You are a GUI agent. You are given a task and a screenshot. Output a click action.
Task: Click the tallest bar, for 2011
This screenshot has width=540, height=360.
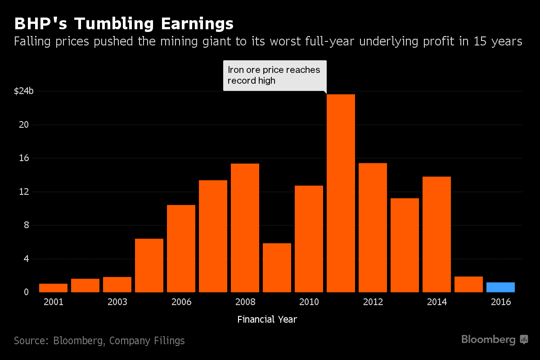(341, 193)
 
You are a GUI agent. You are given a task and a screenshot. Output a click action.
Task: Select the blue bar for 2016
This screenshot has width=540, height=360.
(500, 287)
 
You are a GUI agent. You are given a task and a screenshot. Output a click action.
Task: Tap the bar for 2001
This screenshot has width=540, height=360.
(53, 288)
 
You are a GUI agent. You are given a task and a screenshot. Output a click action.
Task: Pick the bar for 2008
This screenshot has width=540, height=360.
(245, 228)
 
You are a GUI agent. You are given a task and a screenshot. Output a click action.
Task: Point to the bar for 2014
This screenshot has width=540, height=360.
(436, 234)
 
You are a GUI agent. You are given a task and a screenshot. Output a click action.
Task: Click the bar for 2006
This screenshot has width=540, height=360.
(181, 248)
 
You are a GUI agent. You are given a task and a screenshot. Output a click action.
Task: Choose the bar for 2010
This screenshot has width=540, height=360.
(309, 238)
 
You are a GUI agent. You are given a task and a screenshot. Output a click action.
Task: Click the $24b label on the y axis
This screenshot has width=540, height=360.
(24, 91)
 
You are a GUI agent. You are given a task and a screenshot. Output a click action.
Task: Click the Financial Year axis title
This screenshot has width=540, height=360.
(267, 319)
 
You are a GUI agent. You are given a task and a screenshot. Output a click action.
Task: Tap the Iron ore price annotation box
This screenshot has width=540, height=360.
(274, 76)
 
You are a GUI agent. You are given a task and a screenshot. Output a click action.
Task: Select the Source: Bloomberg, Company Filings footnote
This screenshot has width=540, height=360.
(99, 341)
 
